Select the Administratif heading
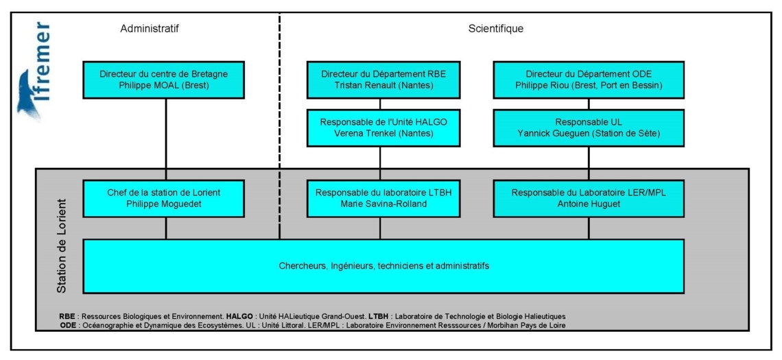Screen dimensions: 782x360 [x=150, y=28]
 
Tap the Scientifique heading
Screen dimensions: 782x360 [x=496, y=28]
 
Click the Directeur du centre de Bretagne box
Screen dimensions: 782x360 [x=164, y=80]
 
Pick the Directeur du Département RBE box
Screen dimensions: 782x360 [x=383, y=80]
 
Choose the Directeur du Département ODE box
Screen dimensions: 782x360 [x=589, y=80]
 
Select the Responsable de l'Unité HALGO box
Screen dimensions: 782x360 [x=383, y=128]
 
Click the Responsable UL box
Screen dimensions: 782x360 [x=589, y=128]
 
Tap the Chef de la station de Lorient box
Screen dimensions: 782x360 [x=164, y=198]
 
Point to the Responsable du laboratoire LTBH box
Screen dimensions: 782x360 [x=383, y=198]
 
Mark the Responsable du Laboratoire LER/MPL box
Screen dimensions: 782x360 [x=589, y=198]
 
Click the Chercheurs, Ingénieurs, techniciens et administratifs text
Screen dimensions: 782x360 [x=383, y=266]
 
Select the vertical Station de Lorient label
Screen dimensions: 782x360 [x=62, y=246]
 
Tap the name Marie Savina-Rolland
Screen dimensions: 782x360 [x=383, y=204]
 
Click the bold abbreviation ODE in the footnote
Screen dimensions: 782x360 [x=67, y=326]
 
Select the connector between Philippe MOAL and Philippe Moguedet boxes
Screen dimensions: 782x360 [x=165, y=140]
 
